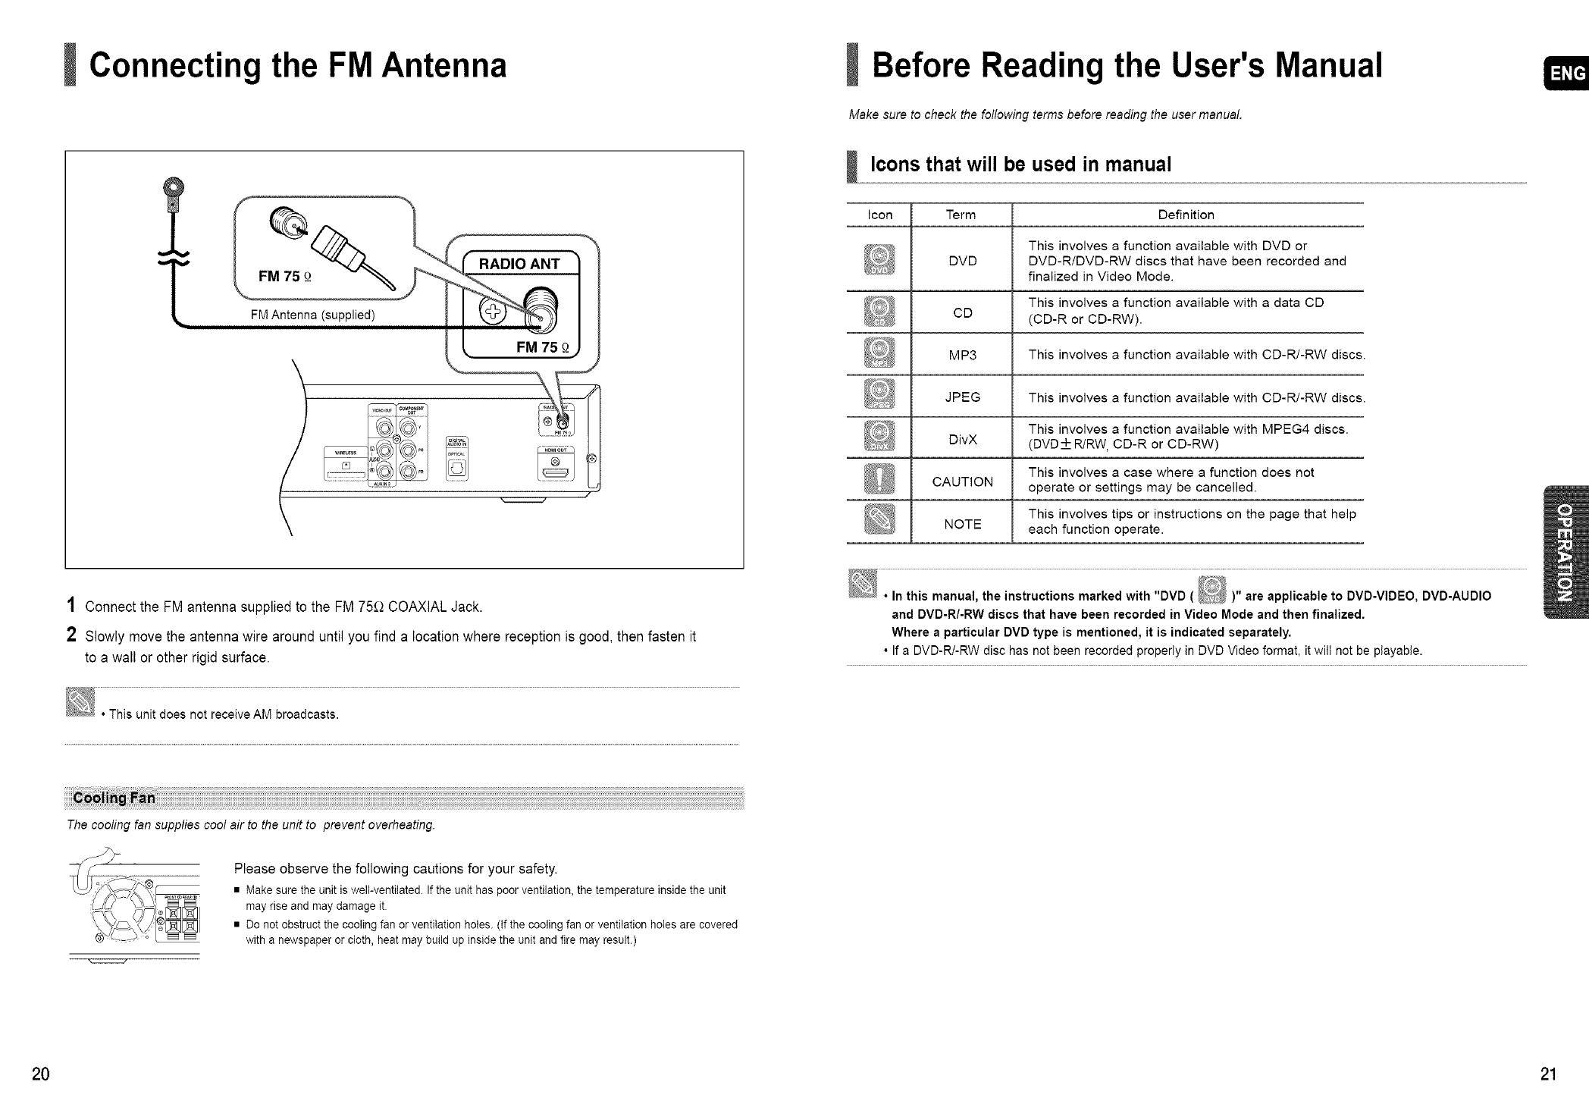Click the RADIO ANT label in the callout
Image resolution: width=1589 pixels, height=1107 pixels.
coord(519,264)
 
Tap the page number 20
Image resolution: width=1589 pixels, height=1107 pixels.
coord(41,1074)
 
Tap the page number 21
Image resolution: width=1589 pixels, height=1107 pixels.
coord(1548,1074)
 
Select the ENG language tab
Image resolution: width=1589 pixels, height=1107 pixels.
coord(1567,74)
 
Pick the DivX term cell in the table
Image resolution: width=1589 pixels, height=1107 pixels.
coord(962,440)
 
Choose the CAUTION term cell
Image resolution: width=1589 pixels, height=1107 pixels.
coord(962,481)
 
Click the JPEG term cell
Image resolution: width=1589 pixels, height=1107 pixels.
coord(962,397)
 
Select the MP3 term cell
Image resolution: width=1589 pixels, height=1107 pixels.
coord(962,355)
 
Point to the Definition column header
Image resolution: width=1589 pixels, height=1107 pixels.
coord(1186,215)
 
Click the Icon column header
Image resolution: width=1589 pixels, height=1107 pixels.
coord(879,215)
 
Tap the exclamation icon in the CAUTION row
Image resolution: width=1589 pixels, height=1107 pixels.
coord(879,481)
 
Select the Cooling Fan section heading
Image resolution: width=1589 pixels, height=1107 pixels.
coord(114,798)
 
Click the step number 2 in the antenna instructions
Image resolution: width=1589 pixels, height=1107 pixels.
coord(71,635)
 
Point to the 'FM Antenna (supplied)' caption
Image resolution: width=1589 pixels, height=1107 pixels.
coord(313,315)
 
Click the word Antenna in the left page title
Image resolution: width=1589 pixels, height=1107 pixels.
coord(443,65)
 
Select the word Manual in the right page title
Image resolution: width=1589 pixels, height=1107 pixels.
coord(1329,65)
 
